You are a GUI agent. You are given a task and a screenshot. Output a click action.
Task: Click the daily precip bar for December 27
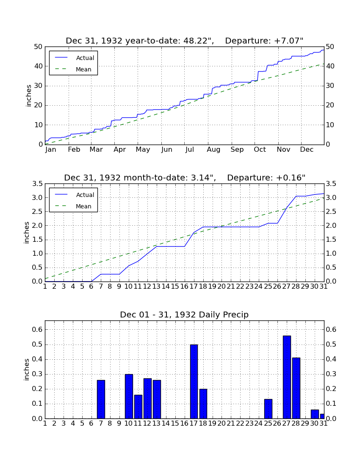point(287,377)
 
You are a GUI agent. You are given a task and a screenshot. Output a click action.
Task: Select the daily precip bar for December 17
point(194,381)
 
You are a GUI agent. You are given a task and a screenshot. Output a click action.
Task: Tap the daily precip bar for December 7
point(101,399)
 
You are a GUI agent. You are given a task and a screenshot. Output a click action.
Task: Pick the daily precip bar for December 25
point(268,409)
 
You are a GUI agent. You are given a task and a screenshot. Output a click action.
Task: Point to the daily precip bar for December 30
point(315,414)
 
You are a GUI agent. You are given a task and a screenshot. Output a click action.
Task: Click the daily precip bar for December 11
point(138,407)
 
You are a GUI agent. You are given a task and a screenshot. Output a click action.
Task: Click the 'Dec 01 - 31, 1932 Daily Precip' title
point(184,315)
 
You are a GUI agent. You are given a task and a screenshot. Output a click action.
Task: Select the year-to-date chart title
point(185,41)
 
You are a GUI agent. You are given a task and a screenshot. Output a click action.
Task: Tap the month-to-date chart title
point(185,178)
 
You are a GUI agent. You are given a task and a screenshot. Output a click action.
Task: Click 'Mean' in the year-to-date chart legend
point(83,69)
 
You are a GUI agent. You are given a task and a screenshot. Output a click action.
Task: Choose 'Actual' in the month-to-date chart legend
point(85,195)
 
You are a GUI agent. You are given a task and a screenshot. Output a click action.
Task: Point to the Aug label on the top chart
point(213,150)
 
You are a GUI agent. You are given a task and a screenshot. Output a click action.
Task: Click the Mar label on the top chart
point(96,150)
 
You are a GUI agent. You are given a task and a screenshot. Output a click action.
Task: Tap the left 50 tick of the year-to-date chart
point(39,47)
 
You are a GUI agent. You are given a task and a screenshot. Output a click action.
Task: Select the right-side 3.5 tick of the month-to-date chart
point(331,184)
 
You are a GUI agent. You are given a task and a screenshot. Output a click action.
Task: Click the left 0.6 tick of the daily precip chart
point(37,329)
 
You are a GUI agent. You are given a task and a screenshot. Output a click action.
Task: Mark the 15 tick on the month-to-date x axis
point(175,287)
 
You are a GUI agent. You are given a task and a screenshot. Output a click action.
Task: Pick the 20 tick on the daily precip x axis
point(222,424)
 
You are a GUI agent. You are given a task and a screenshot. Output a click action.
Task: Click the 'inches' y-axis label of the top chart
point(28,96)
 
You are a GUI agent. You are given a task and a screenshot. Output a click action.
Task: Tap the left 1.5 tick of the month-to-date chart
point(37,240)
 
